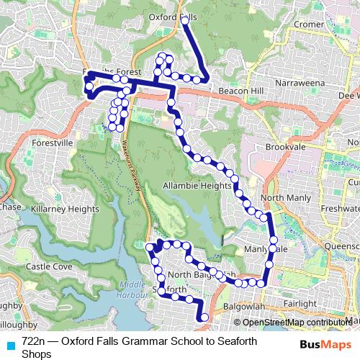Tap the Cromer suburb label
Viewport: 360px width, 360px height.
click(310, 24)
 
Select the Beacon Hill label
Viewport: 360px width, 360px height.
click(230, 91)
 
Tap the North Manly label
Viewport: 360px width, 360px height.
click(286, 198)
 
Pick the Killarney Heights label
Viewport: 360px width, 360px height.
click(66, 209)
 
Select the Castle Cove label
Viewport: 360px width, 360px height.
click(49, 266)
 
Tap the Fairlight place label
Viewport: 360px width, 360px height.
click(300, 304)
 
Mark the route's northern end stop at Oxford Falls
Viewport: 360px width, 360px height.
click(184, 21)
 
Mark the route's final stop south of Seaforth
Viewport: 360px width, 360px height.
click(204, 317)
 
